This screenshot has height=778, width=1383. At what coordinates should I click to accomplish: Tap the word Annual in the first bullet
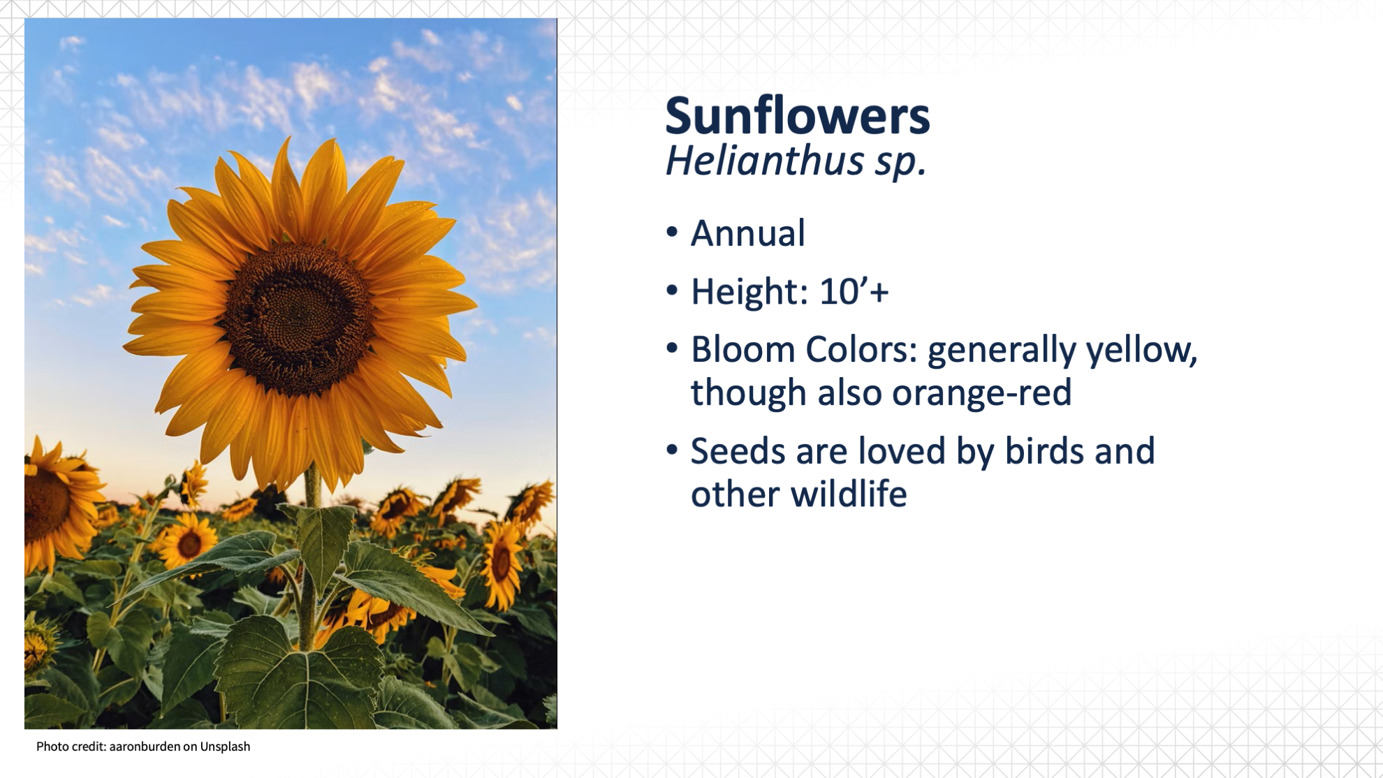[x=747, y=233]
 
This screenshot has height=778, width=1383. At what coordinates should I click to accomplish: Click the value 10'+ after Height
[x=854, y=291]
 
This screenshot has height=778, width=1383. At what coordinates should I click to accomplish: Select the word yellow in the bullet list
[x=1142, y=351]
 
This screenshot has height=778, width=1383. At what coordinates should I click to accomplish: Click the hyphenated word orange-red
[x=981, y=393]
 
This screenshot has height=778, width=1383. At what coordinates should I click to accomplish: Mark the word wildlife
[x=849, y=494]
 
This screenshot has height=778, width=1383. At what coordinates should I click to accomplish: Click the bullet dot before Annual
[x=672, y=233]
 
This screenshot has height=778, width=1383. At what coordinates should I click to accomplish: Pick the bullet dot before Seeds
[x=672, y=450]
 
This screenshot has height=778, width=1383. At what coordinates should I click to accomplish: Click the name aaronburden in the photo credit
[x=144, y=747]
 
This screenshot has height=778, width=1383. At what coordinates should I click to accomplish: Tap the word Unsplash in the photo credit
[x=225, y=747]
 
